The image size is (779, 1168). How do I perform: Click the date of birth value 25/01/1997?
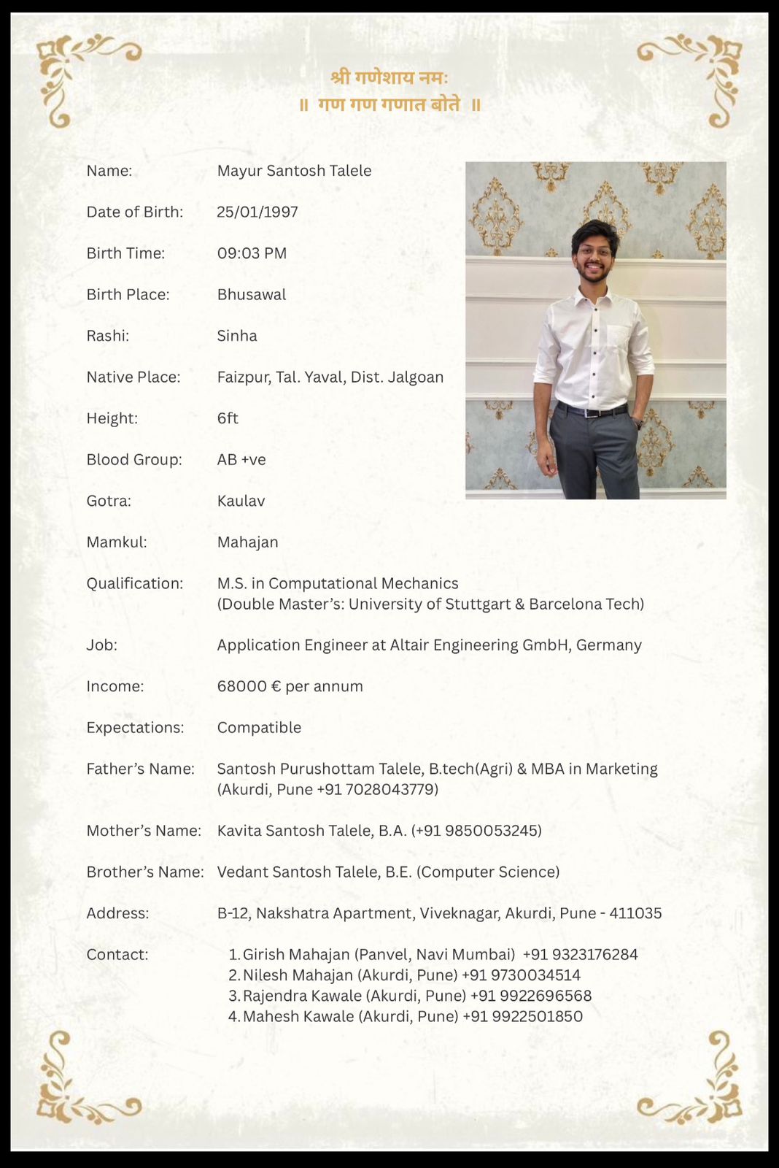(x=257, y=212)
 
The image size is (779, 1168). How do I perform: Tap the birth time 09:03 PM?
(x=252, y=253)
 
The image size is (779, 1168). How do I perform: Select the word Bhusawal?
(x=252, y=294)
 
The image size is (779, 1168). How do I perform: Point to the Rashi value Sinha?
(x=237, y=336)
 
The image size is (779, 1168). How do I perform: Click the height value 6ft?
(x=228, y=418)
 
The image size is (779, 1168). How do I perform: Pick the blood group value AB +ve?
(x=241, y=460)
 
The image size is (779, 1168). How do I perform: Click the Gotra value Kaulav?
(x=241, y=501)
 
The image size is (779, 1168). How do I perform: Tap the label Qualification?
(x=135, y=583)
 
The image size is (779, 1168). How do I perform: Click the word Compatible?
(x=259, y=728)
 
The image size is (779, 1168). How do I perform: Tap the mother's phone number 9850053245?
(x=491, y=831)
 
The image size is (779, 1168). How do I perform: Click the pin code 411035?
(x=635, y=913)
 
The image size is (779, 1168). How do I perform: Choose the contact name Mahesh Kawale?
(x=298, y=1016)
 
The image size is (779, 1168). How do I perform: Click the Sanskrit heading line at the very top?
(x=389, y=77)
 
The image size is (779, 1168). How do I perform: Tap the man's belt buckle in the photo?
(x=592, y=412)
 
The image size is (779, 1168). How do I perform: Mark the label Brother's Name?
(x=145, y=872)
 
